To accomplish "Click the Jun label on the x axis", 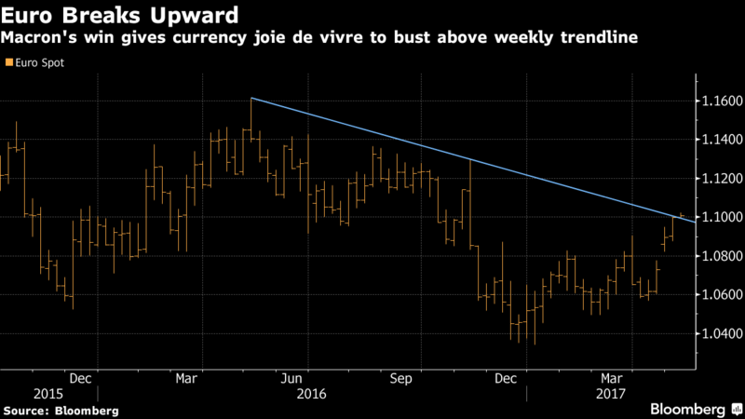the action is [291, 379].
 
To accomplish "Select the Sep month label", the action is [400, 379].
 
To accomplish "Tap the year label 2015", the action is [48, 394].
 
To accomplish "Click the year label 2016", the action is [312, 394].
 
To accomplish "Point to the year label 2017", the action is [611, 394].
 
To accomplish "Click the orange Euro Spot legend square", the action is [9, 62].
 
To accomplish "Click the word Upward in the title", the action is [195, 16].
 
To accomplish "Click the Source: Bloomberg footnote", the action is [61, 411].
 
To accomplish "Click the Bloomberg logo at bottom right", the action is [696, 409].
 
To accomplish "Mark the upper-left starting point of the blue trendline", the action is [251, 99].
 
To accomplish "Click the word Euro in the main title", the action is [27, 16].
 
